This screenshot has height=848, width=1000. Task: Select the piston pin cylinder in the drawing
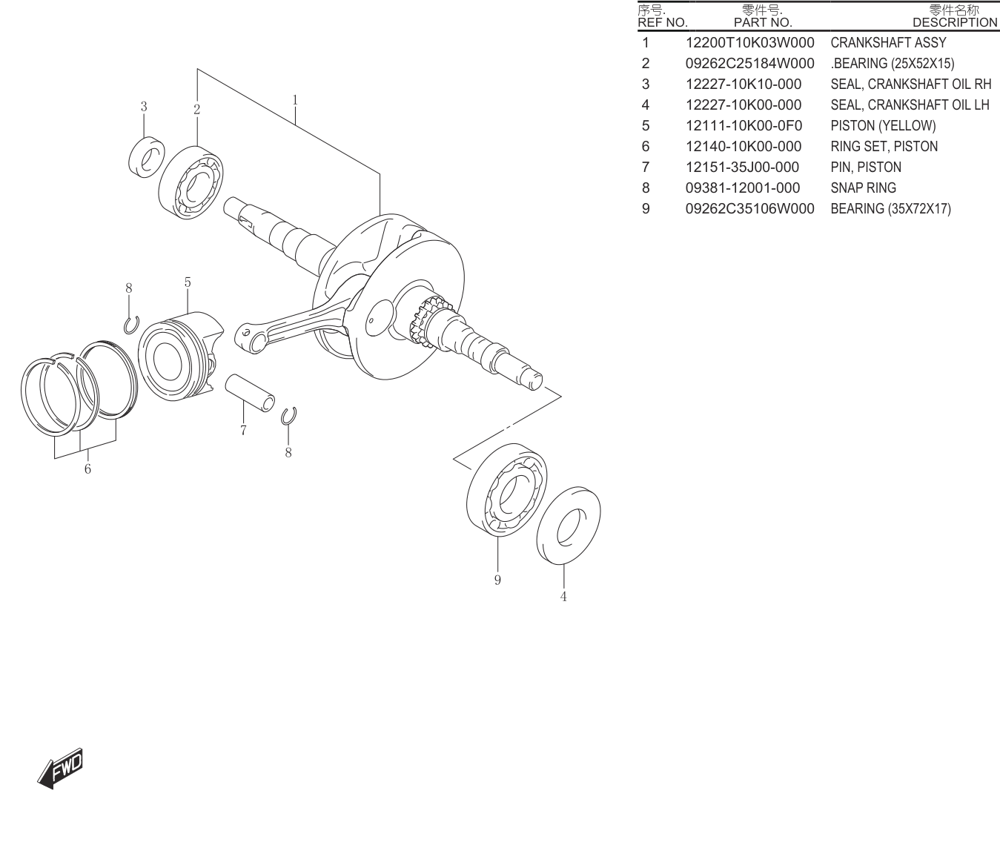click(250, 393)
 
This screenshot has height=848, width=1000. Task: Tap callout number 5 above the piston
click(188, 282)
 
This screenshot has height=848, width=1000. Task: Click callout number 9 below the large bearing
click(497, 580)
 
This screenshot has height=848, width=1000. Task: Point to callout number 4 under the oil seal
click(563, 597)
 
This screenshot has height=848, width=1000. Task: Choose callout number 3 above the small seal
click(144, 107)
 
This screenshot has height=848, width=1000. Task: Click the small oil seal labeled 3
click(147, 157)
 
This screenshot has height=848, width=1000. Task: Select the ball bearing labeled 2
click(191, 182)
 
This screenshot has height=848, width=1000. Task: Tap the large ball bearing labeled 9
click(507, 489)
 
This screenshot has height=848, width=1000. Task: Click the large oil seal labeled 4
click(569, 526)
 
